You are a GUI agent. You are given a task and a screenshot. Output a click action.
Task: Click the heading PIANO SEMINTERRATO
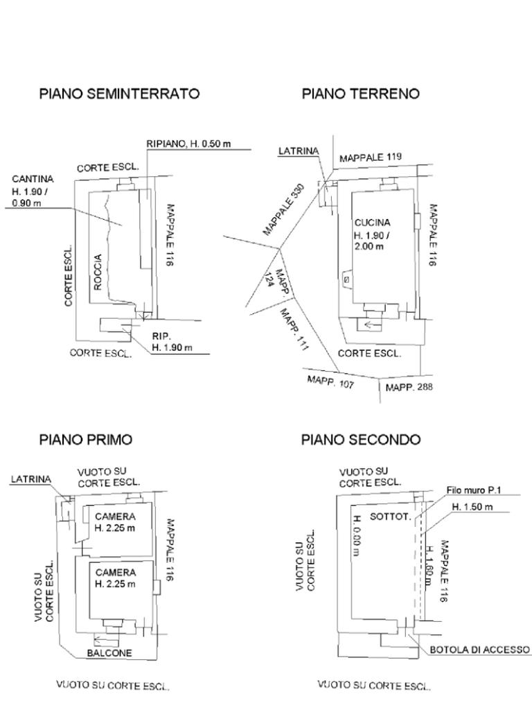tap(119, 94)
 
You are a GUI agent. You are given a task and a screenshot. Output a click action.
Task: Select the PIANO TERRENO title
tap(360, 94)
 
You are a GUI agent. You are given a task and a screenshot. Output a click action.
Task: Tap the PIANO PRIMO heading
tap(85, 440)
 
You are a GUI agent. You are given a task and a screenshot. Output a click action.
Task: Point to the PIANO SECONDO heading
tap(360, 440)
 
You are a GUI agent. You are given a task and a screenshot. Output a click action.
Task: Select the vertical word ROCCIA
tap(97, 272)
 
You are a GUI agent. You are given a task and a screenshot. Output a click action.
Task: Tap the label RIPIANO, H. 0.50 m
tap(188, 144)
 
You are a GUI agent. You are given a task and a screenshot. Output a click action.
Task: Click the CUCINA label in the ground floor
tap(372, 223)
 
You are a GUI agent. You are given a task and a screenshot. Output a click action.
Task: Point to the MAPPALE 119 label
tap(371, 157)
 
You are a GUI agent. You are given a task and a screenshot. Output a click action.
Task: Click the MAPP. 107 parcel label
tap(330, 381)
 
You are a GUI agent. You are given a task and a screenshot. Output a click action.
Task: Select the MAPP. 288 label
tap(409, 387)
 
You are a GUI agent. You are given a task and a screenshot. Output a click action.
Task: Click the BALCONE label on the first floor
tap(109, 653)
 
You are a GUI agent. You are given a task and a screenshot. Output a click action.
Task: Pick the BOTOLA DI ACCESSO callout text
tap(480, 650)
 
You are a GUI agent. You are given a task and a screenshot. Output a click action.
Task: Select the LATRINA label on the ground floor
tap(299, 151)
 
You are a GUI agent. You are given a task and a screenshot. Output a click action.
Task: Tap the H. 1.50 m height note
tap(472, 507)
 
